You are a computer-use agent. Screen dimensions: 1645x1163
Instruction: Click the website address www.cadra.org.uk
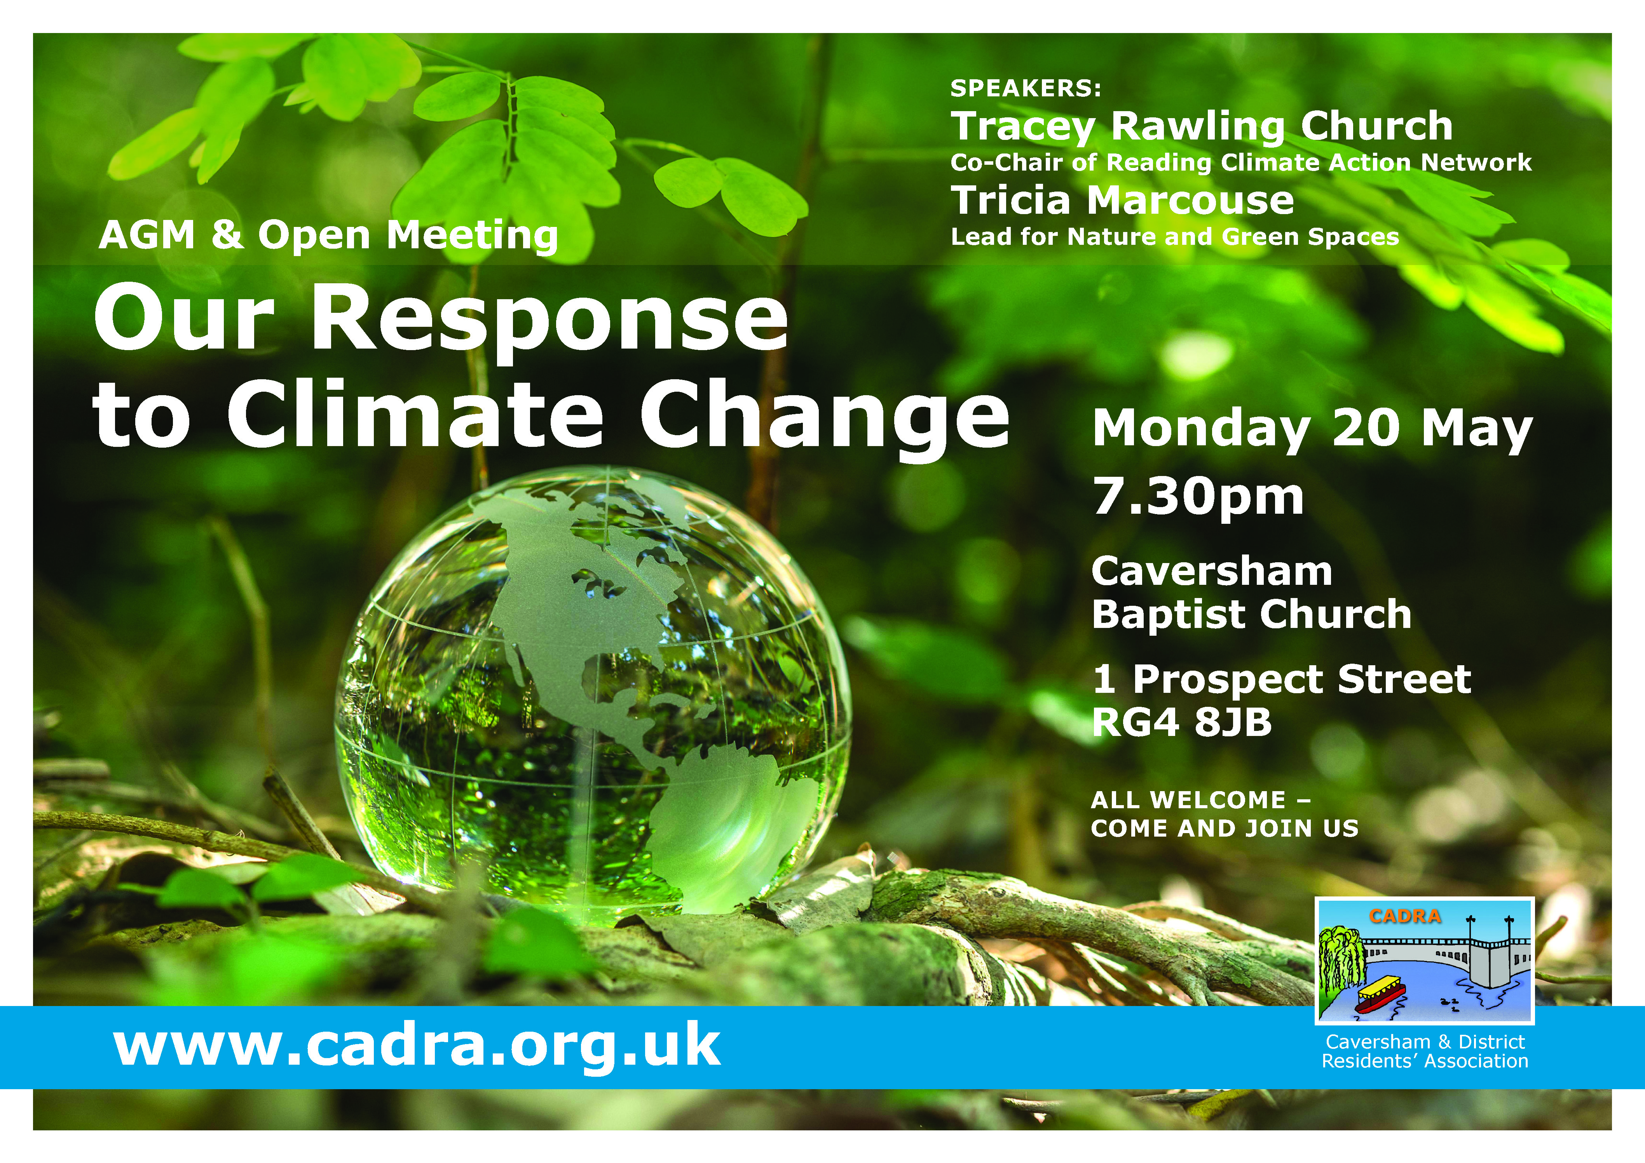tap(417, 1047)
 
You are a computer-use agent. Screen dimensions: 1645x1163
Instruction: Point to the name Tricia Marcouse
tap(1122, 200)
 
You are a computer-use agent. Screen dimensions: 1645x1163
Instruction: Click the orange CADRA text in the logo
tap(1404, 916)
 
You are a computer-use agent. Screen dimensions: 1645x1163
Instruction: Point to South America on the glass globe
tap(724, 817)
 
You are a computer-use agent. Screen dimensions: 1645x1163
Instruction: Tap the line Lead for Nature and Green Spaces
tap(1174, 237)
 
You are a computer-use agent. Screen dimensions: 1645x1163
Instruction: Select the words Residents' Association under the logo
tap(1425, 1061)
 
